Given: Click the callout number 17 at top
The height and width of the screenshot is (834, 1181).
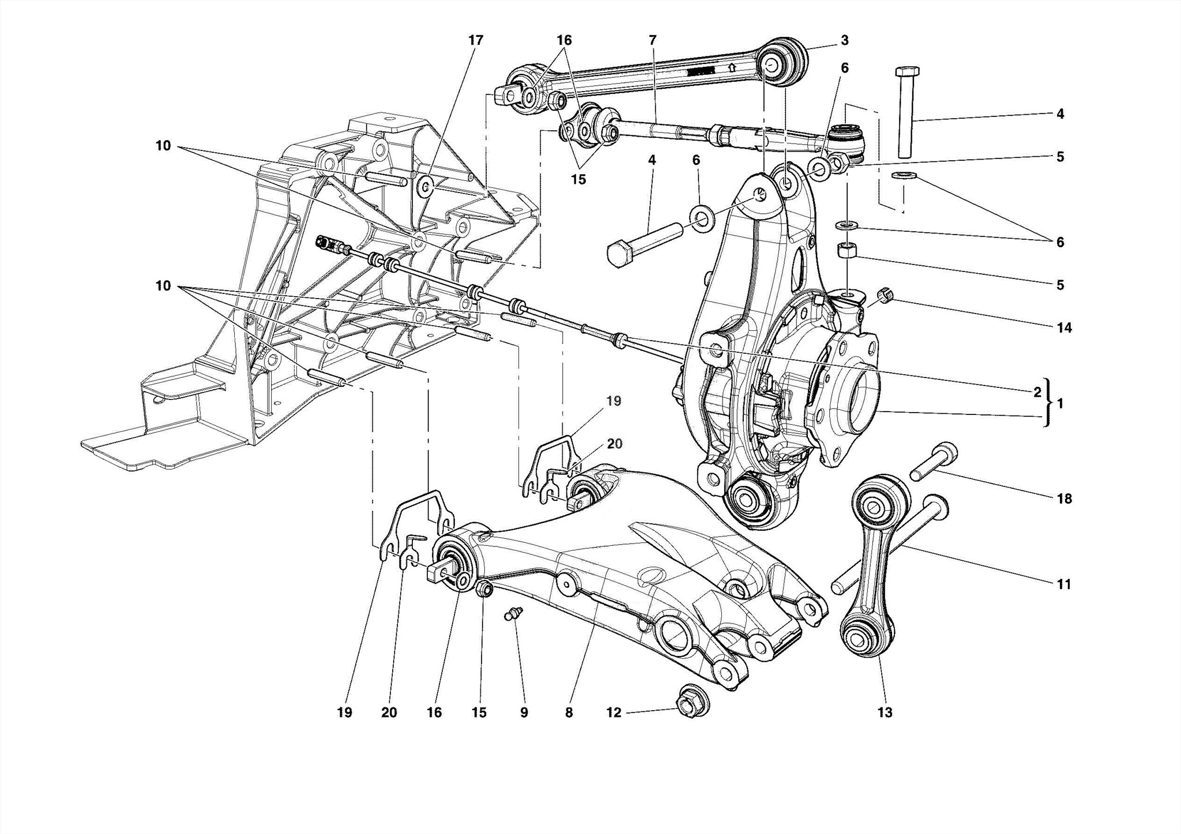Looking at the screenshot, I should coord(475,40).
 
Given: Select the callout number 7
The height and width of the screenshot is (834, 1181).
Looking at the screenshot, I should coord(652,40).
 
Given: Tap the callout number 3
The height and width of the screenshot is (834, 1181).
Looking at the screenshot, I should coord(844,40).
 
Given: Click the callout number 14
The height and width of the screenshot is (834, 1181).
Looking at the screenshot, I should coord(1064,328).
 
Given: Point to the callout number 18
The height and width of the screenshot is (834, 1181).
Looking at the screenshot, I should coord(1064,499).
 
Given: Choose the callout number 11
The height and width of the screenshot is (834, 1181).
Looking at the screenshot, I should coord(1064,584).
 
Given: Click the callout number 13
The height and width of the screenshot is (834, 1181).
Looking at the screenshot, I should coord(885,713).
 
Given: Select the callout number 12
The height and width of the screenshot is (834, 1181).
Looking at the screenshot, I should coord(614,713).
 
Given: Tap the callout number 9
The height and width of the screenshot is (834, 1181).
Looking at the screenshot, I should coord(524,713).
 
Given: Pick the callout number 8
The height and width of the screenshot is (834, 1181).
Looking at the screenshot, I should coord(569,713).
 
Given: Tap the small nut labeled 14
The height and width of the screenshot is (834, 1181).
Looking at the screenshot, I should coord(885,296).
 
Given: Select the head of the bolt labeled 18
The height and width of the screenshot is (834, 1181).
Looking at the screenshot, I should coord(945,450).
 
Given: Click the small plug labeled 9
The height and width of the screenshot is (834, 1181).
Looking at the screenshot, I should coord(513,613).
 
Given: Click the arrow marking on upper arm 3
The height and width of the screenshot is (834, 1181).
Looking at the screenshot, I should coord(732,67).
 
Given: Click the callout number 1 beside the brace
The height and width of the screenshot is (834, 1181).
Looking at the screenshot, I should coord(1060,404).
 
